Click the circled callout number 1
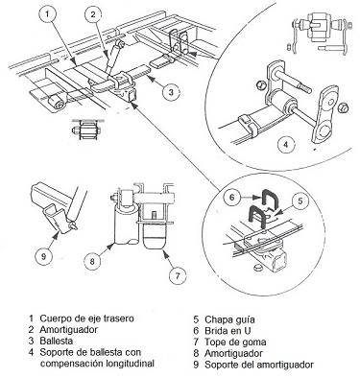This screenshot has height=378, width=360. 47,13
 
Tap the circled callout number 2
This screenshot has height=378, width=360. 93,13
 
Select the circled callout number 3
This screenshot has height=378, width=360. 171,92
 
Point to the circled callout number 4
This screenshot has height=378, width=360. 286,145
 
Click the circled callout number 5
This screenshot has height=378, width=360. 300,201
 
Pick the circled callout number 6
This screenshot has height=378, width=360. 232,198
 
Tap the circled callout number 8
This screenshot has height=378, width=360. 92,261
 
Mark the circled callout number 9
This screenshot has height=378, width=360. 44,256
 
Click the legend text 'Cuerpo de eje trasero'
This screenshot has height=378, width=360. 86,319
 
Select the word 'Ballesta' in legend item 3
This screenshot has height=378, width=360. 57,341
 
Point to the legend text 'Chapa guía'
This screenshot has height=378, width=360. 229,319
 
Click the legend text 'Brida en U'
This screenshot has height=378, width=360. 228,330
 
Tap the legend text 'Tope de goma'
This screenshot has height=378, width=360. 235,342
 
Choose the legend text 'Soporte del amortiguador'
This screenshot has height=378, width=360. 259,365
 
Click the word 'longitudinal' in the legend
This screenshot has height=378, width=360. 128,364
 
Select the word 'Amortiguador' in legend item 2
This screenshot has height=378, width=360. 69,329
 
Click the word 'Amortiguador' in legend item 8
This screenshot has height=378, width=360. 233,353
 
